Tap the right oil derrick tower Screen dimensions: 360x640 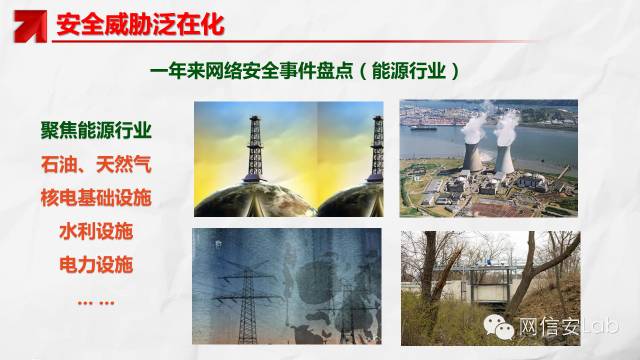[376, 150]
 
